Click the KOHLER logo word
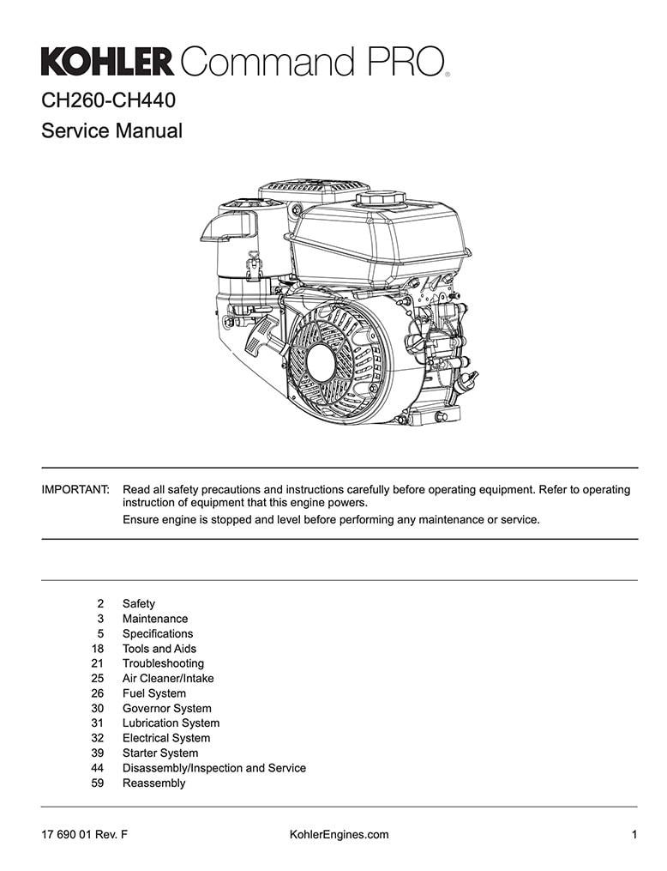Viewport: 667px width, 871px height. tap(107, 62)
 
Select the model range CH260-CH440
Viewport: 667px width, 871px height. tap(108, 100)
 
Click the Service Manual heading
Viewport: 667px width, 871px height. tap(111, 131)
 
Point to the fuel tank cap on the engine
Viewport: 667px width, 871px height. tap(381, 197)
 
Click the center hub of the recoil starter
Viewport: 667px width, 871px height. tap(321, 363)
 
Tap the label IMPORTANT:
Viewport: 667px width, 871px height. tap(75, 490)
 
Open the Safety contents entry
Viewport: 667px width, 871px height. tap(139, 604)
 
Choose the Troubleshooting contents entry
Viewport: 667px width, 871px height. tap(163, 663)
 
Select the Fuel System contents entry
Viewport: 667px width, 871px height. tap(154, 693)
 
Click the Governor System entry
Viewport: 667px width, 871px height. tap(167, 708)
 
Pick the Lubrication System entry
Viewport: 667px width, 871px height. tap(171, 723)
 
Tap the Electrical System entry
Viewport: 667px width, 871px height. tap(166, 738)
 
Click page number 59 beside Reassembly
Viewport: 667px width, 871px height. tap(98, 783)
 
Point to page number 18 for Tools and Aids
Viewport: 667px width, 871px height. tap(98, 649)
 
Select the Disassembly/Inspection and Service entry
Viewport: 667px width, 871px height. tap(214, 768)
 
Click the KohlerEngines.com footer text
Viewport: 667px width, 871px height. tap(339, 834)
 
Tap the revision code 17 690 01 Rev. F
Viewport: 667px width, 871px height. tap(84, 834)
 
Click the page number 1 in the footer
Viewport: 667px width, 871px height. tap(634, 834)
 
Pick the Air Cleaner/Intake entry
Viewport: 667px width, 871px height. tap(168, 678)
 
